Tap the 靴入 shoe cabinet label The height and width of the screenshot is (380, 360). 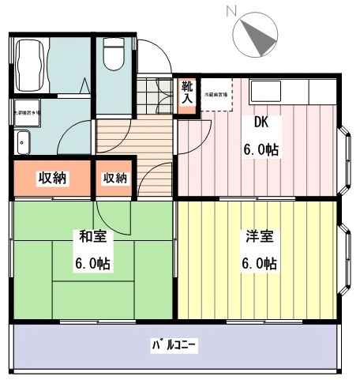coord(186,93)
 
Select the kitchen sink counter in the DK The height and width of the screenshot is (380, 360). coord(292,91)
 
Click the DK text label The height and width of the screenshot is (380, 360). coord(261,123)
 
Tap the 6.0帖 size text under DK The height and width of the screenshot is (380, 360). coord(261,149)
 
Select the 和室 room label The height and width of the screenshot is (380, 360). coord(93,235)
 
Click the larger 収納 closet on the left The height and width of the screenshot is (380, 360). coord(52,178)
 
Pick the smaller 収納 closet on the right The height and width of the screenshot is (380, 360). coord(114,178)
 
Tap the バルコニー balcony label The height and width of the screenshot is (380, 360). coord(174,345)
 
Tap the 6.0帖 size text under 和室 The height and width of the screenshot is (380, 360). coord(93,263)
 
